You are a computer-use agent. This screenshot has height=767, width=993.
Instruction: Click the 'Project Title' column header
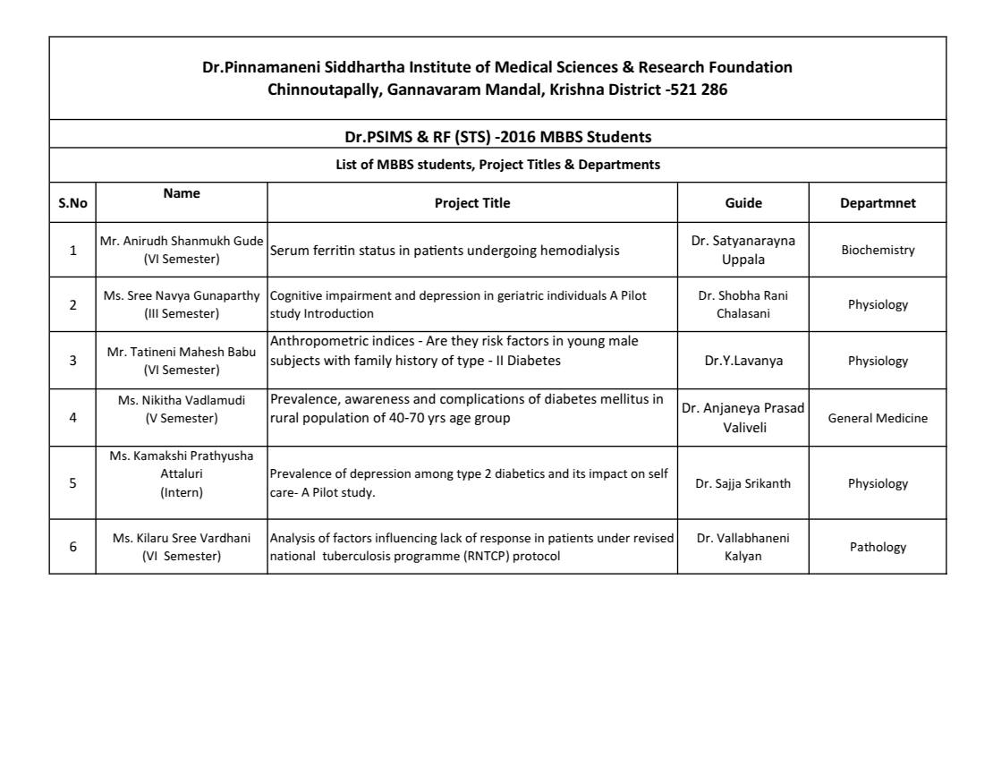(472, 203)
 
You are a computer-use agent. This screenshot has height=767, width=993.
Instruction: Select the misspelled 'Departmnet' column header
(877, 203)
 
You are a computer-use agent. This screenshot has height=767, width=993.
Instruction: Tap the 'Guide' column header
(743, 203)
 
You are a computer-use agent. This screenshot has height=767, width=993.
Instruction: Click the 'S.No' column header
(72, 203)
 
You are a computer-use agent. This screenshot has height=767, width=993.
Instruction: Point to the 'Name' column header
(182, 193)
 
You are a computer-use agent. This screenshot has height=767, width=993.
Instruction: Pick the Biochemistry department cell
(878, 251)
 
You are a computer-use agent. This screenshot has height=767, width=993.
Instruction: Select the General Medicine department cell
(878, 418)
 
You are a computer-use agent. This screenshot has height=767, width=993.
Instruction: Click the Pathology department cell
(878, 547)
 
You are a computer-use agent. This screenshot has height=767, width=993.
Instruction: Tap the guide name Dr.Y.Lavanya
(743, 362)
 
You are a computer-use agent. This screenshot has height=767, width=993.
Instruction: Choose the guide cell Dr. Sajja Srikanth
(743, 484)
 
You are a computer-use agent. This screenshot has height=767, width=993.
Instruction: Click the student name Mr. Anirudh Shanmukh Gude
(182, 243)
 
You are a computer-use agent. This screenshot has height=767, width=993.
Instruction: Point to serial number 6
(72, 547)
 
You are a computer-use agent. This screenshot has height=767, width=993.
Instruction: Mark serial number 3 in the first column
(72, 362)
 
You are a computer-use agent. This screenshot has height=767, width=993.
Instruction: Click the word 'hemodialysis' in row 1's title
(580, 251)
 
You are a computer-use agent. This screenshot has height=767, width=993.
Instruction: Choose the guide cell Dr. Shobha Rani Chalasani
(743, 304)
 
